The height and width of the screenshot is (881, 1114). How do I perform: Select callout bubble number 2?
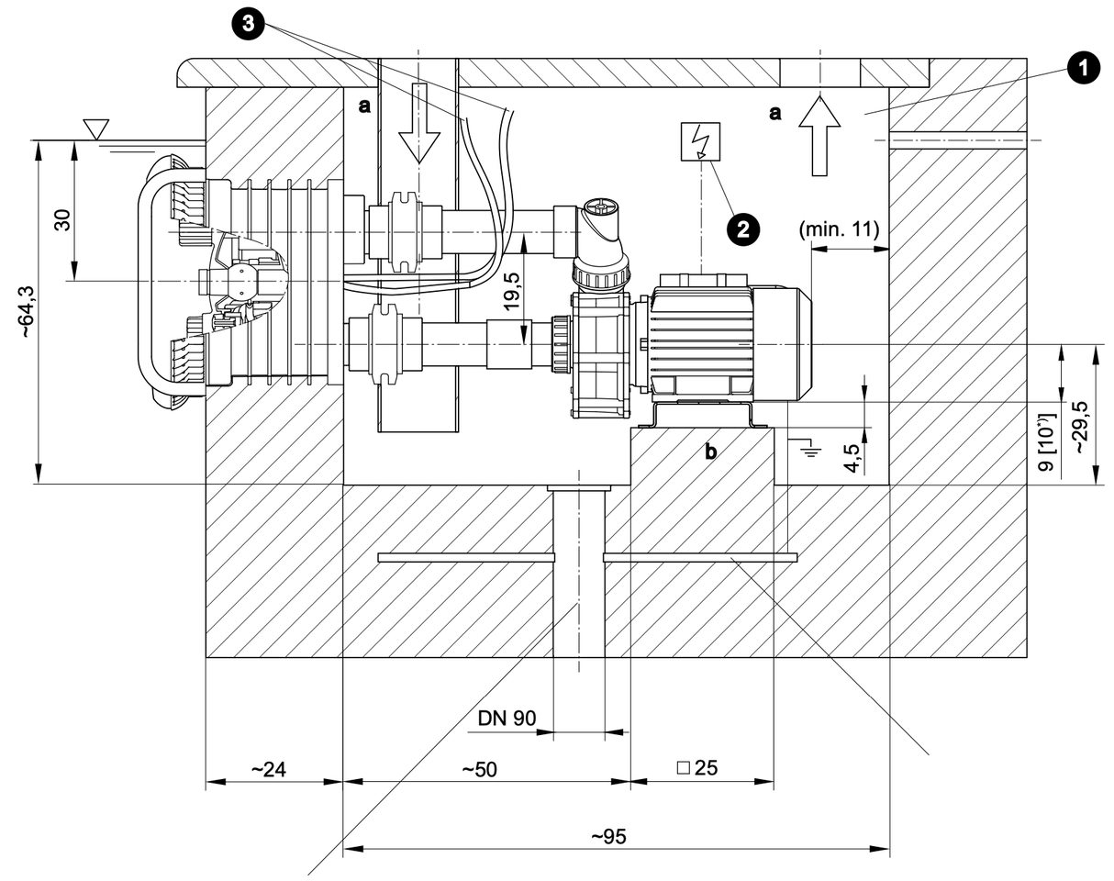pos(743,228)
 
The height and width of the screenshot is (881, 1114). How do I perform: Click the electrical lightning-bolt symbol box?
pos(701,140)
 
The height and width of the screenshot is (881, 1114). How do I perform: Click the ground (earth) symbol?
pos(808,448)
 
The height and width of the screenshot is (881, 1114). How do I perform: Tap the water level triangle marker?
pos(95,128)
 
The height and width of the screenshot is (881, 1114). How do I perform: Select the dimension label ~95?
pos(607,836)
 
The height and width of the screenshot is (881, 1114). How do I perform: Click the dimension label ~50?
pos(478,769)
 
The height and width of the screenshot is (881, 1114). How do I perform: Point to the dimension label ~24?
pos(268,769)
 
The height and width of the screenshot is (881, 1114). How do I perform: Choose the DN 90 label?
pos(507,718)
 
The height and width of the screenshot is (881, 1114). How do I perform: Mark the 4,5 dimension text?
pos(852,456)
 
